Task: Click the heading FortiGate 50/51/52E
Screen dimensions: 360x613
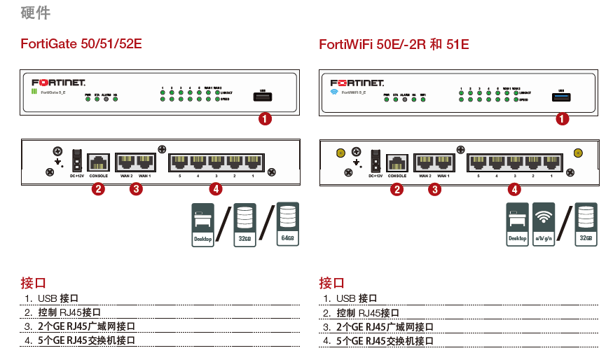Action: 81,44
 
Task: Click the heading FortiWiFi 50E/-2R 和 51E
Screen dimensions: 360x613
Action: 394,44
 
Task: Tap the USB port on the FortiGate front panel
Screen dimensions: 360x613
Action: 263,97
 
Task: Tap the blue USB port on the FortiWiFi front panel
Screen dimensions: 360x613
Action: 562,97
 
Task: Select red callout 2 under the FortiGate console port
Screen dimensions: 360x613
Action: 99,188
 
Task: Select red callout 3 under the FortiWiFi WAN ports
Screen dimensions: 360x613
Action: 435,188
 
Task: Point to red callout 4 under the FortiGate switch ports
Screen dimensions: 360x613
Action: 216,188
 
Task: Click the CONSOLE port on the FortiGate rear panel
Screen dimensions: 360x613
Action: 98,162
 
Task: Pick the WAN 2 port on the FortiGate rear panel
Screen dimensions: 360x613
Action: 126,162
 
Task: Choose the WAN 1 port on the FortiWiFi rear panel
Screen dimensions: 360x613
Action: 443,162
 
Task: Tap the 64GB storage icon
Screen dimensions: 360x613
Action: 287,224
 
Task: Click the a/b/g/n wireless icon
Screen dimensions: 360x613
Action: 544,224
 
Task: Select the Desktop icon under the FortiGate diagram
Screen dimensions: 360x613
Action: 202,225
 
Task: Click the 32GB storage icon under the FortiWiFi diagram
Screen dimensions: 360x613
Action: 586,225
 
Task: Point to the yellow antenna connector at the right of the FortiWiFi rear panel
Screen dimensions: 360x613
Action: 579,153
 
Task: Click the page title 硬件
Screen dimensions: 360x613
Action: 36,13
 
